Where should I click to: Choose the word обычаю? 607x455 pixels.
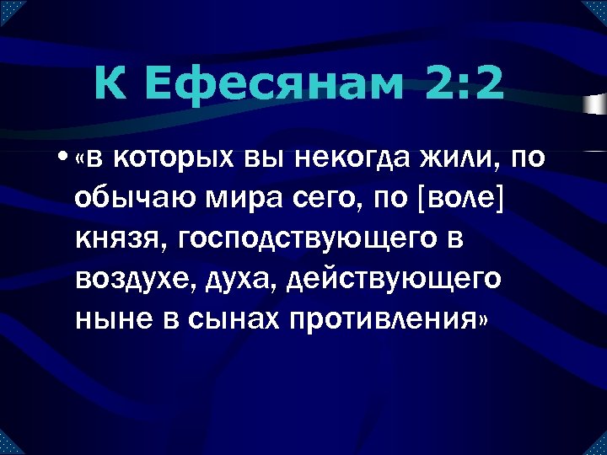[126, 199]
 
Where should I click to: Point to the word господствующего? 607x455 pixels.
[307, 239]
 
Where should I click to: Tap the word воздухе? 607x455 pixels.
[132, 280]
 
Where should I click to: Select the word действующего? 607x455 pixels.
[393, 280]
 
